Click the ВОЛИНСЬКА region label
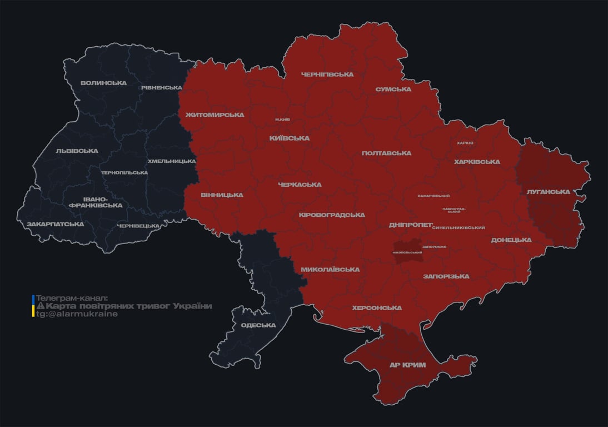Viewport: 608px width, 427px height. click(103, 83)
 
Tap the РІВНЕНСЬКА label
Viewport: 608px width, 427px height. click(161, 88)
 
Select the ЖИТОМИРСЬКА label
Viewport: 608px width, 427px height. click(215, 115)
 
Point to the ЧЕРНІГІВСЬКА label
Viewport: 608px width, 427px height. click(327, 75)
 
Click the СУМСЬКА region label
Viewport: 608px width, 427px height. click(393, 90)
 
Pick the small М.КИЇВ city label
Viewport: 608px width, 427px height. click(282, 120)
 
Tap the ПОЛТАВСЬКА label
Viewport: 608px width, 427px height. click(386, 153)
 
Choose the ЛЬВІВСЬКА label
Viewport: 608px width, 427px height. click(77, 151)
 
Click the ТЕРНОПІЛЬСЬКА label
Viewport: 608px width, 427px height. click(124, 173)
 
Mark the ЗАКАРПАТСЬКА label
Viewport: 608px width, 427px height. click(56, 225)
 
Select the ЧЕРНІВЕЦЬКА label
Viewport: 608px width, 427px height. click(138, 226)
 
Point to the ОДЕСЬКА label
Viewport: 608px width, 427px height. click(258, 325)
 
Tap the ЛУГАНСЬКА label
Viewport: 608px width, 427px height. click(549, 192)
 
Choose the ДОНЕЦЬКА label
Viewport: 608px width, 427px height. click(511, 240)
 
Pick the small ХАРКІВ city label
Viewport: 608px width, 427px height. click(465, 143)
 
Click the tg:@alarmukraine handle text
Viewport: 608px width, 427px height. click(77, 314)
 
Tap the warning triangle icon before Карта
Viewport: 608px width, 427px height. click(40, 306)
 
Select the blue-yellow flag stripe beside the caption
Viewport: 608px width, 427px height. click(33, 306)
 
